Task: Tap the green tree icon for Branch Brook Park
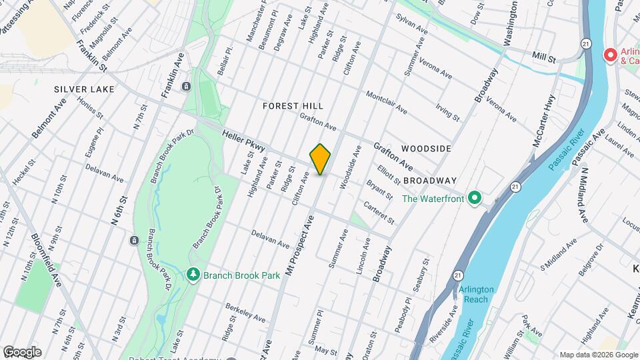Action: pyautogui.click(x=194, y=274)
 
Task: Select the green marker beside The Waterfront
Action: pyautogui.click(x=474, y=198)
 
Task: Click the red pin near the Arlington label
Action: pyautogui.click(x=609, y=55)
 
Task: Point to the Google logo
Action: pyautogui.click(x=22, y=351)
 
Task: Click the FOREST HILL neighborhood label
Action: pyautogui.click(x=293, y=106)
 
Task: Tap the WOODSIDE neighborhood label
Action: pyautogui.click(x=426, y=149)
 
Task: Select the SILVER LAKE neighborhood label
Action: pyautogui.click(x=81, y=89)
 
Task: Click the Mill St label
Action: pyautogui.click(x=543, y=59)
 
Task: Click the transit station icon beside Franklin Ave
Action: pyautogui.click(x=185, y=86)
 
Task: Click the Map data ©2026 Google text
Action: pyautogui.click(x=597, y=354)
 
